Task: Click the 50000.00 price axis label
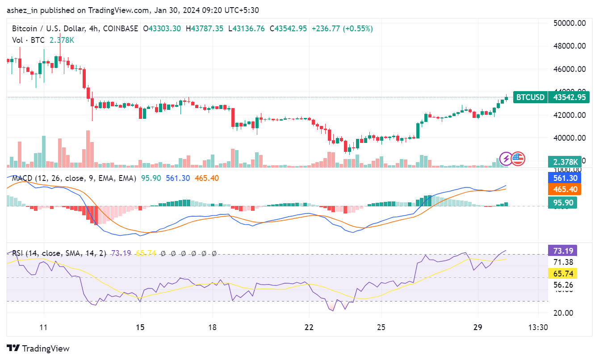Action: (x=569, y=23)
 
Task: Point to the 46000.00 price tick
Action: (x=569, y=69)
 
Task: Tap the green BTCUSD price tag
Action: (x=530, y=97)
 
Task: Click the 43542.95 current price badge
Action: (x=569, y=97)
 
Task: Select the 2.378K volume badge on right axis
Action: (x=562, y=162)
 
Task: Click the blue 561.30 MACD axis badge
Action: (x=562, y=178)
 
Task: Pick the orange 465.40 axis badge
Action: (x=562, y=190)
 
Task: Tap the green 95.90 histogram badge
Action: (x=562, y=202)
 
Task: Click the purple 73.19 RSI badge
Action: (x=562, y=250)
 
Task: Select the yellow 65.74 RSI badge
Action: (x=562, y=273)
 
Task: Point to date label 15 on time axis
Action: (x=140, y=327)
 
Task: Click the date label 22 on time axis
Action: (x=309, y=327)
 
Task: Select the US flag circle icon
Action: (x=518, y=158)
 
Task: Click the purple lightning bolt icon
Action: (x=506, y=158)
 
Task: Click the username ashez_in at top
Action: (x=22, y=10)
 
